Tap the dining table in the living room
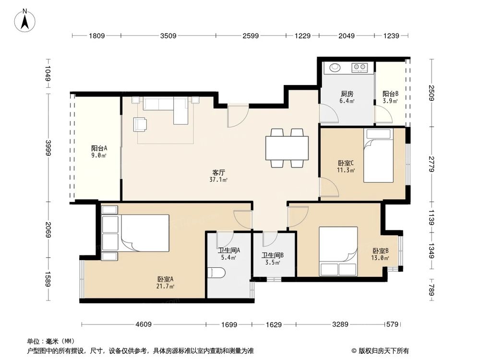pyautogui.click(x=287, y=148)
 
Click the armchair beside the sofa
pyautogui.click(x=140, y=124)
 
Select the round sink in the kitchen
pyautogui.click(x=333, y=67)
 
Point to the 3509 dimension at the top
pyautogui.click(x=168, y=36)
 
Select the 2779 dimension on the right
pyautogui.click(x=432, y=164)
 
